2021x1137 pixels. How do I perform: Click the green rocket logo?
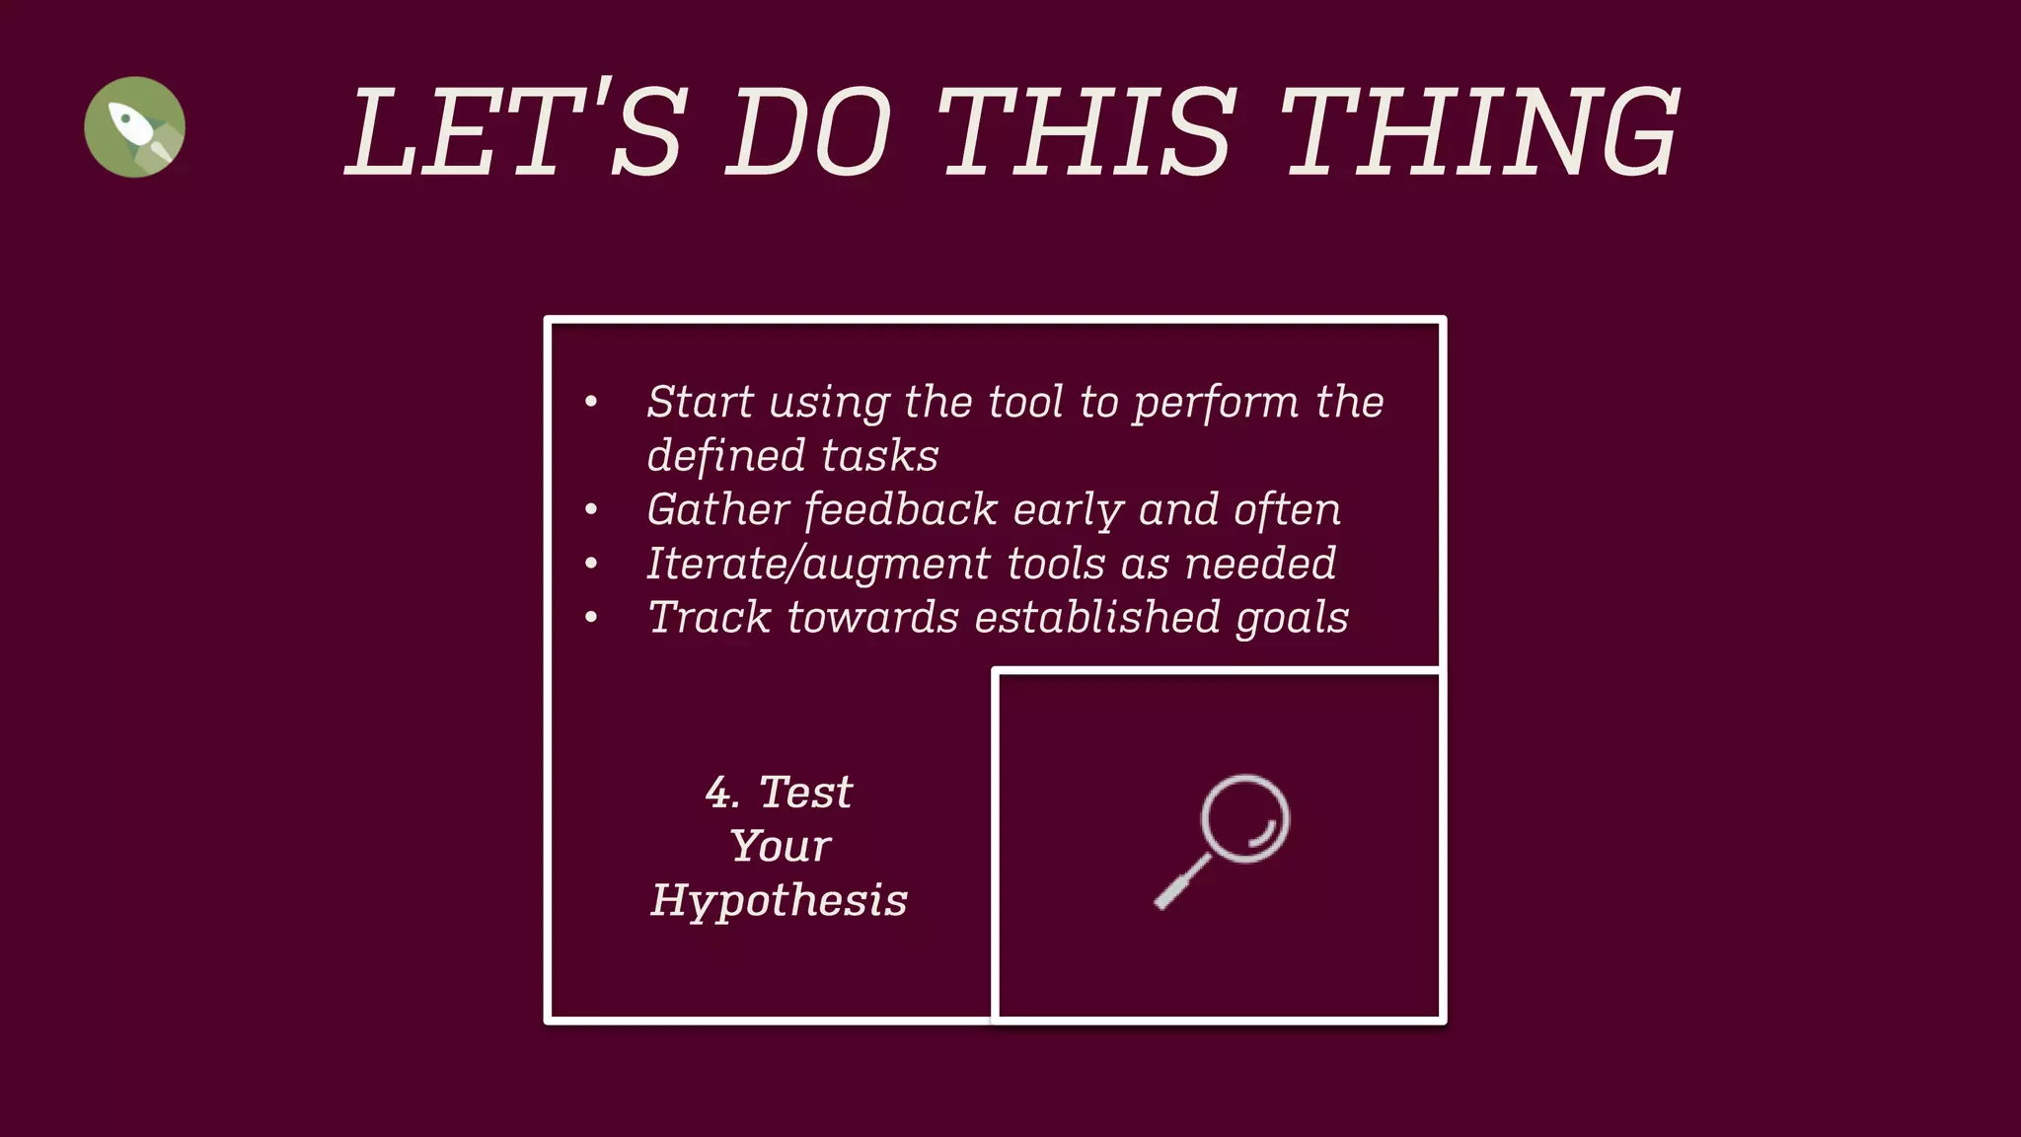[134, 127]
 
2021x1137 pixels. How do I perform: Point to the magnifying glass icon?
[1224, 839]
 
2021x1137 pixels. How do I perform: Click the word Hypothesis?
[779, 900]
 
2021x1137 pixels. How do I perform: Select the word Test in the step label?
[805, 793]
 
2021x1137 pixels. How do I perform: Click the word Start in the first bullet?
[701, 403]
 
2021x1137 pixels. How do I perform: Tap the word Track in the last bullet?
[708, 618]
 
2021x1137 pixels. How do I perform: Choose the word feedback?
[900, 510]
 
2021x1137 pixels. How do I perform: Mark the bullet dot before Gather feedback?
[591, 510]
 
